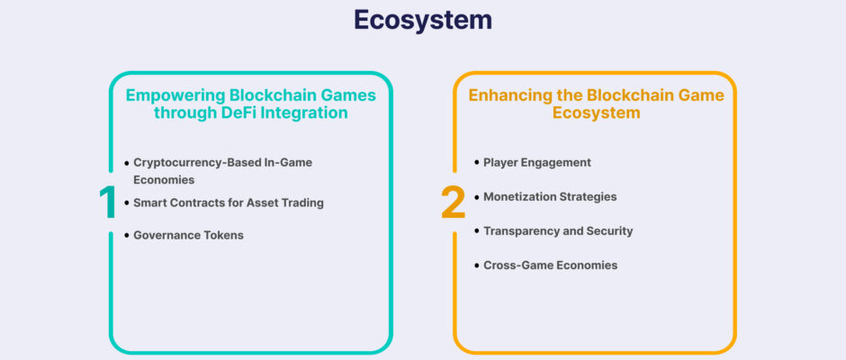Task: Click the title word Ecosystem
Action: coord(423,20)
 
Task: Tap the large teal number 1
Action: coord(108,202)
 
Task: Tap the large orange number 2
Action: coord(454,202)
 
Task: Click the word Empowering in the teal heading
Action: coord(175,95)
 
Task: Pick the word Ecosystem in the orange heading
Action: coord(596,112)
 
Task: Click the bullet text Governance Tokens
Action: coord(188,235)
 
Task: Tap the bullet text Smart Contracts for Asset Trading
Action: coord(229,202)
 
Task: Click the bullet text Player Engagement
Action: coord(536,163)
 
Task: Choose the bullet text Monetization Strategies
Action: coord(550,197)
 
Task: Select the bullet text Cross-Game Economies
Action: coord(550,265)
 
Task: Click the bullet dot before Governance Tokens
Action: coord(127,236)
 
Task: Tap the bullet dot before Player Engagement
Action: coord(476,162)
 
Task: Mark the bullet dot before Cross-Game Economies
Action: coord(476,265)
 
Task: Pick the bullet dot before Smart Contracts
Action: coord(127,203)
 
